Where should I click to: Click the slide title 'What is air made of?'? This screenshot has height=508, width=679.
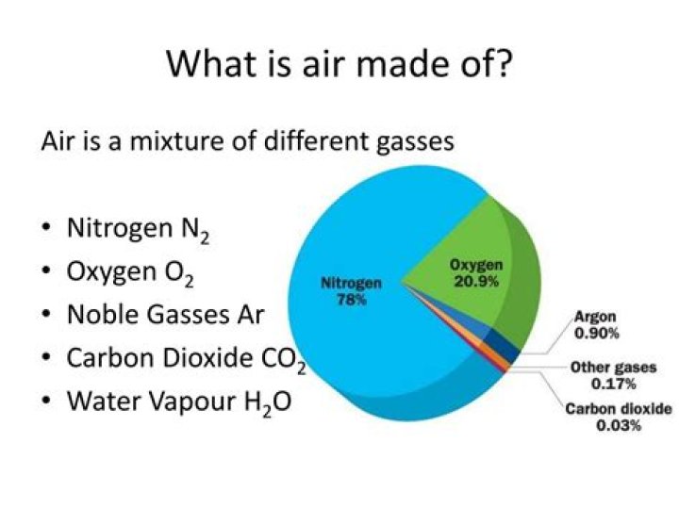[x=339, y=64]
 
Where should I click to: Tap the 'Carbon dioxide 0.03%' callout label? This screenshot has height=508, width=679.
[x=618, y=417]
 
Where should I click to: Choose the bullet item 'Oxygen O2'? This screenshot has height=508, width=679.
[x=132, y=273]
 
